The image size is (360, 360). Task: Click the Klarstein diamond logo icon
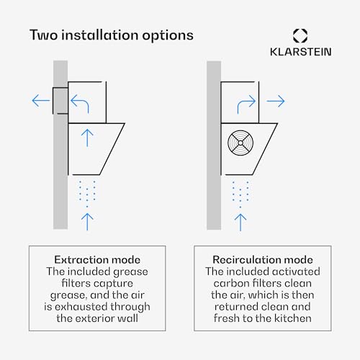pos(300,36)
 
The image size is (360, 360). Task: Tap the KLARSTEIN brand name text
pos(301,52)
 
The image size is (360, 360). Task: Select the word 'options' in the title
pos(168,36)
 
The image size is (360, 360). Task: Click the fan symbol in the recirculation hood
pos(240,143)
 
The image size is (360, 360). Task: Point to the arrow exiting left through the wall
pos(41,100)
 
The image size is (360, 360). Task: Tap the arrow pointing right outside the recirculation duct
pos(276,101)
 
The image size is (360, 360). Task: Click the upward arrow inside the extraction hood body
pos(87,138)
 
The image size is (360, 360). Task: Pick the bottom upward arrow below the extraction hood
pos(87,222)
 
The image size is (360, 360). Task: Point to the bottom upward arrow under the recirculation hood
pos(240,222)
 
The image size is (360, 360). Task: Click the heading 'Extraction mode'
pos(97,260)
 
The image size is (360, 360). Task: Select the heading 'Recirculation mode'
pos(263,260)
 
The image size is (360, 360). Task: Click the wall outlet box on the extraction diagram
pos(60,101)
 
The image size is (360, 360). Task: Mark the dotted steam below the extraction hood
pos(87,194)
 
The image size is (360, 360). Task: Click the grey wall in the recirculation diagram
pos(214,145)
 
